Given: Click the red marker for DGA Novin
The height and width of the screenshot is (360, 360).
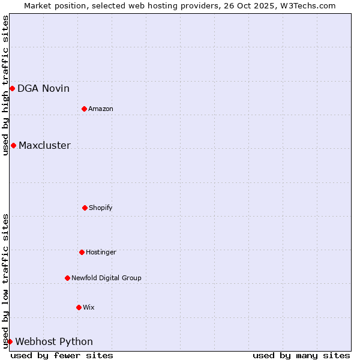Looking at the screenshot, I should point(12,89).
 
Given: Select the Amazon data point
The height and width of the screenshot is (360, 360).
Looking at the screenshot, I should point(85,109).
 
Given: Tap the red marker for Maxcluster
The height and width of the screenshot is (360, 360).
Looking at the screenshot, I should point(13,145).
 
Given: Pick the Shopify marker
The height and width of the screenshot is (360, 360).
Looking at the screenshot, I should point(85,208).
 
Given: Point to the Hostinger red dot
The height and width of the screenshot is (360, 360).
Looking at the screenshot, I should point(82,252).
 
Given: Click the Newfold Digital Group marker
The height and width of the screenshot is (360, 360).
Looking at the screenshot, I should point(67,278).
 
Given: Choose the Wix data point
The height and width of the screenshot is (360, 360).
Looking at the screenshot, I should point(79,307).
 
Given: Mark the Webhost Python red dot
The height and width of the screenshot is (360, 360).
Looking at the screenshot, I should point(10,341).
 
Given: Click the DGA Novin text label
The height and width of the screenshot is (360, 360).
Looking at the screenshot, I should point(43,89).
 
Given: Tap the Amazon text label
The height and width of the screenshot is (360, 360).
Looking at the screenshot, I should point(101,109).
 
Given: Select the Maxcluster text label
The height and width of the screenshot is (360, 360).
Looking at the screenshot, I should point(44,145).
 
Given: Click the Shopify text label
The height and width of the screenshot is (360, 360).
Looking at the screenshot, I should point(101,208).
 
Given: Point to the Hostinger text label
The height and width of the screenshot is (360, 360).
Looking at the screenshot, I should point(101,252).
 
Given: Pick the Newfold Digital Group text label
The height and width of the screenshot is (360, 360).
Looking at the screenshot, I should point(106,278).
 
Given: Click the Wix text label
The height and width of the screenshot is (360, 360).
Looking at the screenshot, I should point(89,307).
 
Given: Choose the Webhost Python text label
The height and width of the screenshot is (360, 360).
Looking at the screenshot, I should point(54,341).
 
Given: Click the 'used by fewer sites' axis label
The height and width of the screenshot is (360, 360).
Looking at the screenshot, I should point(62,355).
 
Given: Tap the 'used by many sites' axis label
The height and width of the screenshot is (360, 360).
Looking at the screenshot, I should point(301,355).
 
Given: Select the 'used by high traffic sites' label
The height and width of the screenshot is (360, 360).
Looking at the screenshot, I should point(5,85).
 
